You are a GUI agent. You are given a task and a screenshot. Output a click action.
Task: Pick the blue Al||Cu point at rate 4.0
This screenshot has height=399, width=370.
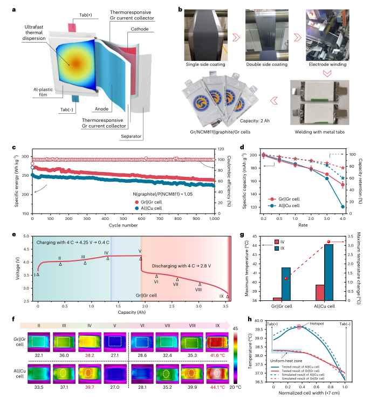[x=343, y=207]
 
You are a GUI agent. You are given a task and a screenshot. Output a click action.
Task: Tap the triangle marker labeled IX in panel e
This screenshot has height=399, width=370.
[x=228, y=297]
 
